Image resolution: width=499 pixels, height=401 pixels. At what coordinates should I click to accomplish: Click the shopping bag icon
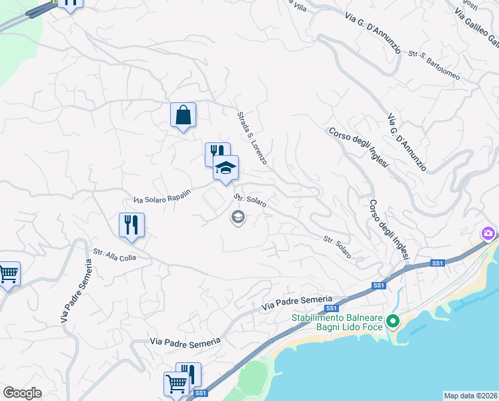(x=183, y=115)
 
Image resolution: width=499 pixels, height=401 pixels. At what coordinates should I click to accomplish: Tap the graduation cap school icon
(x=225, y=168)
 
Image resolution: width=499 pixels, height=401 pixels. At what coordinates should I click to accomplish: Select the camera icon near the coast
(x=488, y=233)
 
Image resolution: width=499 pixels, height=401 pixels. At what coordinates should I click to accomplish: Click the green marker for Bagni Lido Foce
(x=393, y=322)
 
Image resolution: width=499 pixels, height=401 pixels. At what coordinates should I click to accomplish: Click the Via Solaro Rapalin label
(x=162, y=196)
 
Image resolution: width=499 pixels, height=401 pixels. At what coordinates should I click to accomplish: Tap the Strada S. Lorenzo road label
(x=252, y=138)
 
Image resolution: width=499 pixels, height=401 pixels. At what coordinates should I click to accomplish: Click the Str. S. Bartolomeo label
(x=434, y=65)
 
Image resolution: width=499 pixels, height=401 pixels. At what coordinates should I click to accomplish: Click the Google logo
(x=21, y=393)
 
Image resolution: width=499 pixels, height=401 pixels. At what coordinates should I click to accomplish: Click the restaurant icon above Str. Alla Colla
(x=131, y=225)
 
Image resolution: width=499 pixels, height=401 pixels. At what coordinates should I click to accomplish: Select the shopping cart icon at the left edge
(x=8, y=273)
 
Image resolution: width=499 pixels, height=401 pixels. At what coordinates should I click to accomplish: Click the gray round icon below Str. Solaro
(x=237, y=217)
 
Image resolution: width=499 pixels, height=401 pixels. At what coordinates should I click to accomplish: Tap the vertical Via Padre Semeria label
(x=75, y=291)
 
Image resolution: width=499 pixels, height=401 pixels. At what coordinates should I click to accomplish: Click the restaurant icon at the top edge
(x=70, y=3)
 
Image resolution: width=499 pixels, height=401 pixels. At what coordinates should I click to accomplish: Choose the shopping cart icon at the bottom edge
(x=176, y=384)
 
